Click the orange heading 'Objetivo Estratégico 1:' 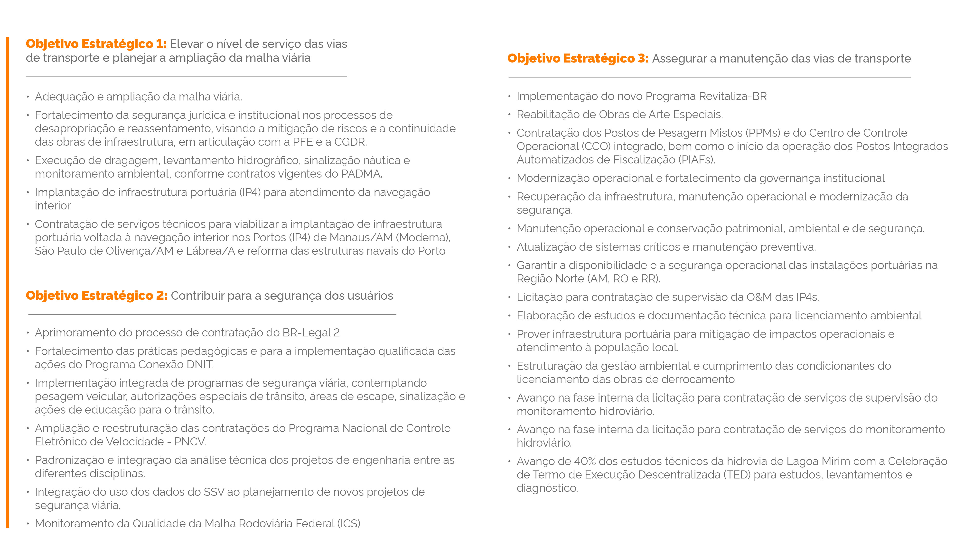point(96,44)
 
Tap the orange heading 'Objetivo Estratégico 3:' point(578,59)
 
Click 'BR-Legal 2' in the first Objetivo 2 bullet point(311,333)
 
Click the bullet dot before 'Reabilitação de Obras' point(509,115)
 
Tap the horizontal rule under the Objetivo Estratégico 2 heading point(212,314)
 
